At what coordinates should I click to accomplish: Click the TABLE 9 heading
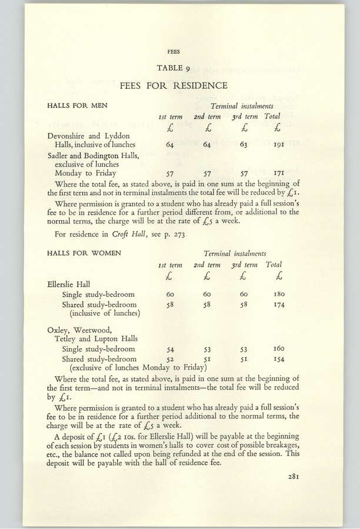pyautogui.click(x=174, y=68)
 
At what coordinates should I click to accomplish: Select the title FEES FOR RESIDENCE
pyautogui.click(x=174, y=86)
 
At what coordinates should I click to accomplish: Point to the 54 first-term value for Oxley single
pyautogui.click(x=171, y=349)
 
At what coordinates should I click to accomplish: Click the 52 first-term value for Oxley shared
pyautogui.click(x=171, y=359)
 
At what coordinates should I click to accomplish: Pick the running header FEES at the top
pyautogui.click(x=174, y=51)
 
